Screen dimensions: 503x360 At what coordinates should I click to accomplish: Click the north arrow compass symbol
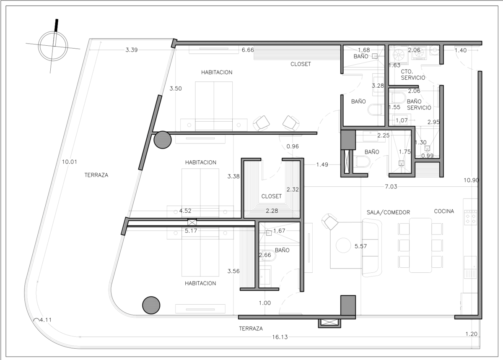[53, 46]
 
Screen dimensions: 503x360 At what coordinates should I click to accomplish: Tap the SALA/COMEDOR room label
[388, 212]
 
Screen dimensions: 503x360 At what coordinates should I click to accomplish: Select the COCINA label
[444, 211]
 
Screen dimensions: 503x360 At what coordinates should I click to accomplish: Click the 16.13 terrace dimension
[280, 337]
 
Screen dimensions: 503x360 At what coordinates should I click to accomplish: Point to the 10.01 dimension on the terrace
[70, 162]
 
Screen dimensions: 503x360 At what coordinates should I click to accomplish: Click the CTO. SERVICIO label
[413, 75]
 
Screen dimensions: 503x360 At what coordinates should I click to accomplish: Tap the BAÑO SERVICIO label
[419, 104]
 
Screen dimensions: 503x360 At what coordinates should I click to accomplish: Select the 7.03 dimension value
[391, 187]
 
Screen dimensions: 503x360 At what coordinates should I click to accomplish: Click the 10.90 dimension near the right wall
[471, 180]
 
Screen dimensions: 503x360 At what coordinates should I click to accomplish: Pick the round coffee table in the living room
[343, 245]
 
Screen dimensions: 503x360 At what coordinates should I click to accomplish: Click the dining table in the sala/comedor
[420, 245]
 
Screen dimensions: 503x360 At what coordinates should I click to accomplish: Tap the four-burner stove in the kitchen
[471, 217]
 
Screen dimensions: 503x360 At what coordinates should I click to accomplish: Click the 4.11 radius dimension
[46, 320]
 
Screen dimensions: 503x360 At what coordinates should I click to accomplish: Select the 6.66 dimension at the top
[248, 50]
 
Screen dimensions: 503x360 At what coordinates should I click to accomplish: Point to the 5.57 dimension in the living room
[360, 246]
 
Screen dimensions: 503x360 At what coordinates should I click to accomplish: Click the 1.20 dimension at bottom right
[471, 334]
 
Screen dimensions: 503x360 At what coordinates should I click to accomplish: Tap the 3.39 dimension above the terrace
[131, 50]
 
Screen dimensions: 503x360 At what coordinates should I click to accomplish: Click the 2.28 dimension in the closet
[272, 211]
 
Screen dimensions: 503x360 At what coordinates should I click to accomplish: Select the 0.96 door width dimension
[293, 146]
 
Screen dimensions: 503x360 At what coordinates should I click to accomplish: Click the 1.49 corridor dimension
[322, 165]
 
